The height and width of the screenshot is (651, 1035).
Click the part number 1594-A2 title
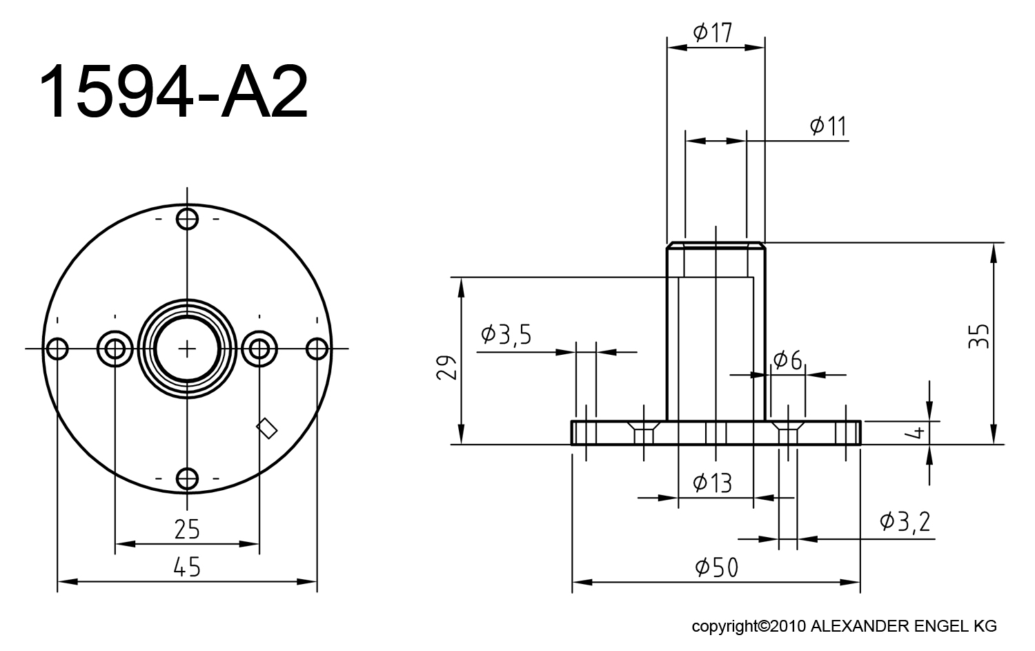tap(173, 92)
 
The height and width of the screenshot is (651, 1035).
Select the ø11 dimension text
tap(828, 126)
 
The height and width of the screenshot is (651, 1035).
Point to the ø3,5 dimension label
tap(506, 335)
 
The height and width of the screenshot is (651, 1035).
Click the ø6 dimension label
tap(788, 360)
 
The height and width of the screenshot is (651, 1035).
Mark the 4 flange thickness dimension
tap(918, 432)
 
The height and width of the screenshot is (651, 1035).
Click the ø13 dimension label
tap(712, 483)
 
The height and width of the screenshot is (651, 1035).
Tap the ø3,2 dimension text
tap(905, 521)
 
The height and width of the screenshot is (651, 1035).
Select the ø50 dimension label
tap(717, 567)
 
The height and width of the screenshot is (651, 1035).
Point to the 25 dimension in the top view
tap(186, 529)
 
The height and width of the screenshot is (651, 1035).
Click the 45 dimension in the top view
tap(186, 567)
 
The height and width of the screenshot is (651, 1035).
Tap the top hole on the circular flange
tap(187, 220)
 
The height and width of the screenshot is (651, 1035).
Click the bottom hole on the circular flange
tap(187, 478)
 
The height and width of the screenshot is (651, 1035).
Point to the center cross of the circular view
tap(187, 349)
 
